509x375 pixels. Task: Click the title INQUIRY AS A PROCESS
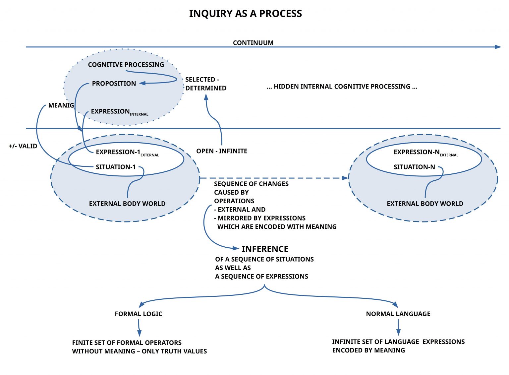click(245, 14)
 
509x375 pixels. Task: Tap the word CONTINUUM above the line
click(253, 43)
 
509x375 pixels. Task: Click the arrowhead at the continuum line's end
click(498, 47)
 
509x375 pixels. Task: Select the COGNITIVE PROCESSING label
click(126, 65)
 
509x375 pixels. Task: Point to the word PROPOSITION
click(114, 84)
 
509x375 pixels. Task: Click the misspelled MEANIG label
click(61, 105)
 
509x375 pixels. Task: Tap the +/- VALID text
click(23, 146)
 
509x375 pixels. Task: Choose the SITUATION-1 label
click(116, 167)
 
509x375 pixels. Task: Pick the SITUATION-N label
click(414, 167)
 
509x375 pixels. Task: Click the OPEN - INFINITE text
click(222, 151)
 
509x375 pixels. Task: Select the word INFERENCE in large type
click(265, 249)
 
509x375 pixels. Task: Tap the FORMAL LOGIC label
click(139, 314)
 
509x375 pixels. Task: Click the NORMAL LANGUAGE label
click(398, 314)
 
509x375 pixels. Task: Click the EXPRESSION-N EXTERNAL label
click(425, 153)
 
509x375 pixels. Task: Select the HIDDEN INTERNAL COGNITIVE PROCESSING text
click(342, 87)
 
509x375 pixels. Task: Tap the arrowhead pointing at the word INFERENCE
click(236, 248)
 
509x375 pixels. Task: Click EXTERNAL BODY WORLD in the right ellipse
click(425, 204)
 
